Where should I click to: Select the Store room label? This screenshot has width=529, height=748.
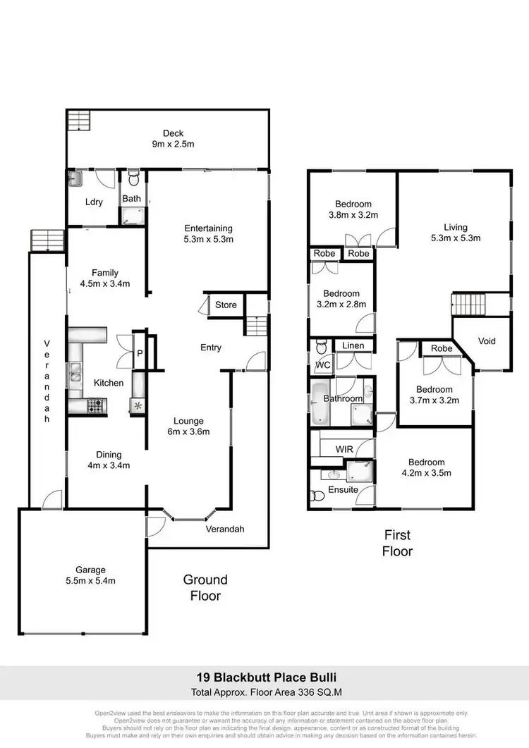coord(226,305)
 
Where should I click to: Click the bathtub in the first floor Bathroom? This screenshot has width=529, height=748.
coord(318,399)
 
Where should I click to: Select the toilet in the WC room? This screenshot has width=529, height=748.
coord(321,348)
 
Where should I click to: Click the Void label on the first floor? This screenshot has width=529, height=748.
coord(487,341)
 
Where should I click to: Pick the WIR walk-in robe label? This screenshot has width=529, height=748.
coord(345,448)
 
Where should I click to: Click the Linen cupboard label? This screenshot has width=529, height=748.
coord(353,345)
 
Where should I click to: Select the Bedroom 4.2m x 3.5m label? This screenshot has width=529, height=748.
coord(426,467)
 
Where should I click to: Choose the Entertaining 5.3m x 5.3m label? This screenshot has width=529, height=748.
coord(208,233)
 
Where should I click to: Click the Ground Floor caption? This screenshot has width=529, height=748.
coord(205,587)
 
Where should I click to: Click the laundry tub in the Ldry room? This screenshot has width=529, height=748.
coord(75,179)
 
